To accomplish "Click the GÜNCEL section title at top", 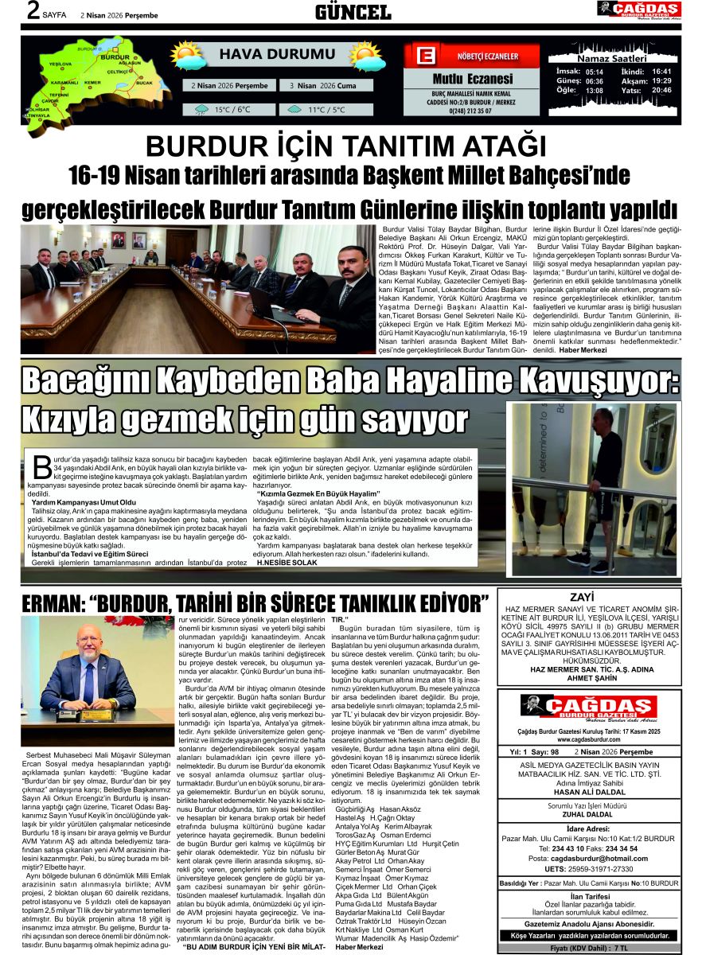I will click(352, 11).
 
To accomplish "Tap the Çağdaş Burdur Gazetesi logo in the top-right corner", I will click(638, 10).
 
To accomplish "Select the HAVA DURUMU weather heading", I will click(266, 55).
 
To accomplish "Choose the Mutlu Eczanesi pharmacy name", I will click(472, 79).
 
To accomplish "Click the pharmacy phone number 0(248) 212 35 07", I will click(472, 111).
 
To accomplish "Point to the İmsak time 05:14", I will click(594, 71).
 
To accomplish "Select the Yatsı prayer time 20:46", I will click(661, 90).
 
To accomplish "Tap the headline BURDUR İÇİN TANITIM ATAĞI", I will click(346, 146).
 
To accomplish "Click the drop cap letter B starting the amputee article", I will click(41, 466).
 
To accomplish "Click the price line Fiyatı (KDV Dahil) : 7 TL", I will click(589, 948).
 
